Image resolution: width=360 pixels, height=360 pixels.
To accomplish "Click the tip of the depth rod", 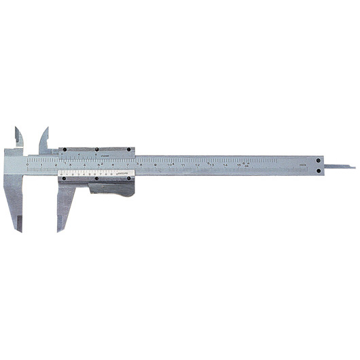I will tap(353, 166).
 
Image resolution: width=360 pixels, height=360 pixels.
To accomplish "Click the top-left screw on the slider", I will tap(65, 151).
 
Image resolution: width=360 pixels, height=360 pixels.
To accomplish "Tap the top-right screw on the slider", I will tap(130, 151).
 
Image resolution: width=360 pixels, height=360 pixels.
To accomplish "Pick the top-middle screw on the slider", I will tap(97, 149).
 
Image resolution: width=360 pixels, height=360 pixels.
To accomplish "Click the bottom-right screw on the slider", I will tap(130, 179).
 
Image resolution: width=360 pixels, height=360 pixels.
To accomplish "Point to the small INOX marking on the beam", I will tap(303, 165).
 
